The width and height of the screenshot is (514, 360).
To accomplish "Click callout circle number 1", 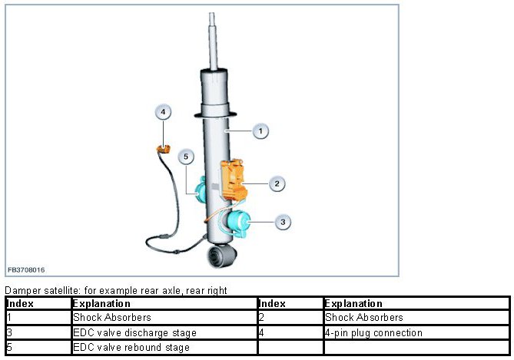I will pos(260,131).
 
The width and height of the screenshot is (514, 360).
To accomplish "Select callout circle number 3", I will pos(283,222).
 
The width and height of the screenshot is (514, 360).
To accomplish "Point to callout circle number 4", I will pos(162,112).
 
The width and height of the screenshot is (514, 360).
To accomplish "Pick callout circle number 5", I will pos(186,157).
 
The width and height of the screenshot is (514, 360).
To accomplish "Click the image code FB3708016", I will pos(26,270).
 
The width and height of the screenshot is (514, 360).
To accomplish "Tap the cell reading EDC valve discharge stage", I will pos(134,333).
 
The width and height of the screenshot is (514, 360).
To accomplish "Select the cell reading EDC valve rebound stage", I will pos(131,348).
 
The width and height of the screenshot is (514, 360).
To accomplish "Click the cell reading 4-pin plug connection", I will pos(373,333).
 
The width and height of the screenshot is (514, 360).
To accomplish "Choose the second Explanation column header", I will pos(353,304).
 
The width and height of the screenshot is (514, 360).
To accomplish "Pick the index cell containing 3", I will pos(9,333).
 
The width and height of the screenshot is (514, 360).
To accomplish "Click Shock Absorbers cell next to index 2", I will pos(364,318).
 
